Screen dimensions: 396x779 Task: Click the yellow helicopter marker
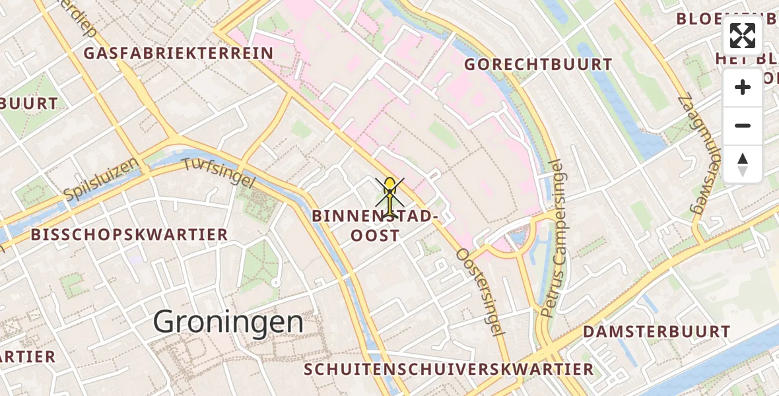click(x=390, y=196)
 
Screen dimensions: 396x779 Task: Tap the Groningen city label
click(x=228, y=323)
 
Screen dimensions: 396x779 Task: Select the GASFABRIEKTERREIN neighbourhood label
click(x=179, y=53)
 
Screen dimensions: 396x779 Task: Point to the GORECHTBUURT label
click(x=538, y=65)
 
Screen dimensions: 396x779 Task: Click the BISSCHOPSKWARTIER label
click(x=129, y=234)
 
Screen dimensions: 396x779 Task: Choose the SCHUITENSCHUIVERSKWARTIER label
click(x=449, y=369)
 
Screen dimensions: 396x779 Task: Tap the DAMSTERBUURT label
click(x=656, y=331)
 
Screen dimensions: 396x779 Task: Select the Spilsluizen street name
click(x=102, y=179)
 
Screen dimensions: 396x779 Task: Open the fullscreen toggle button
click(x=743, y=36)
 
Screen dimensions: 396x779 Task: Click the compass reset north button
click(x=743, y=164)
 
